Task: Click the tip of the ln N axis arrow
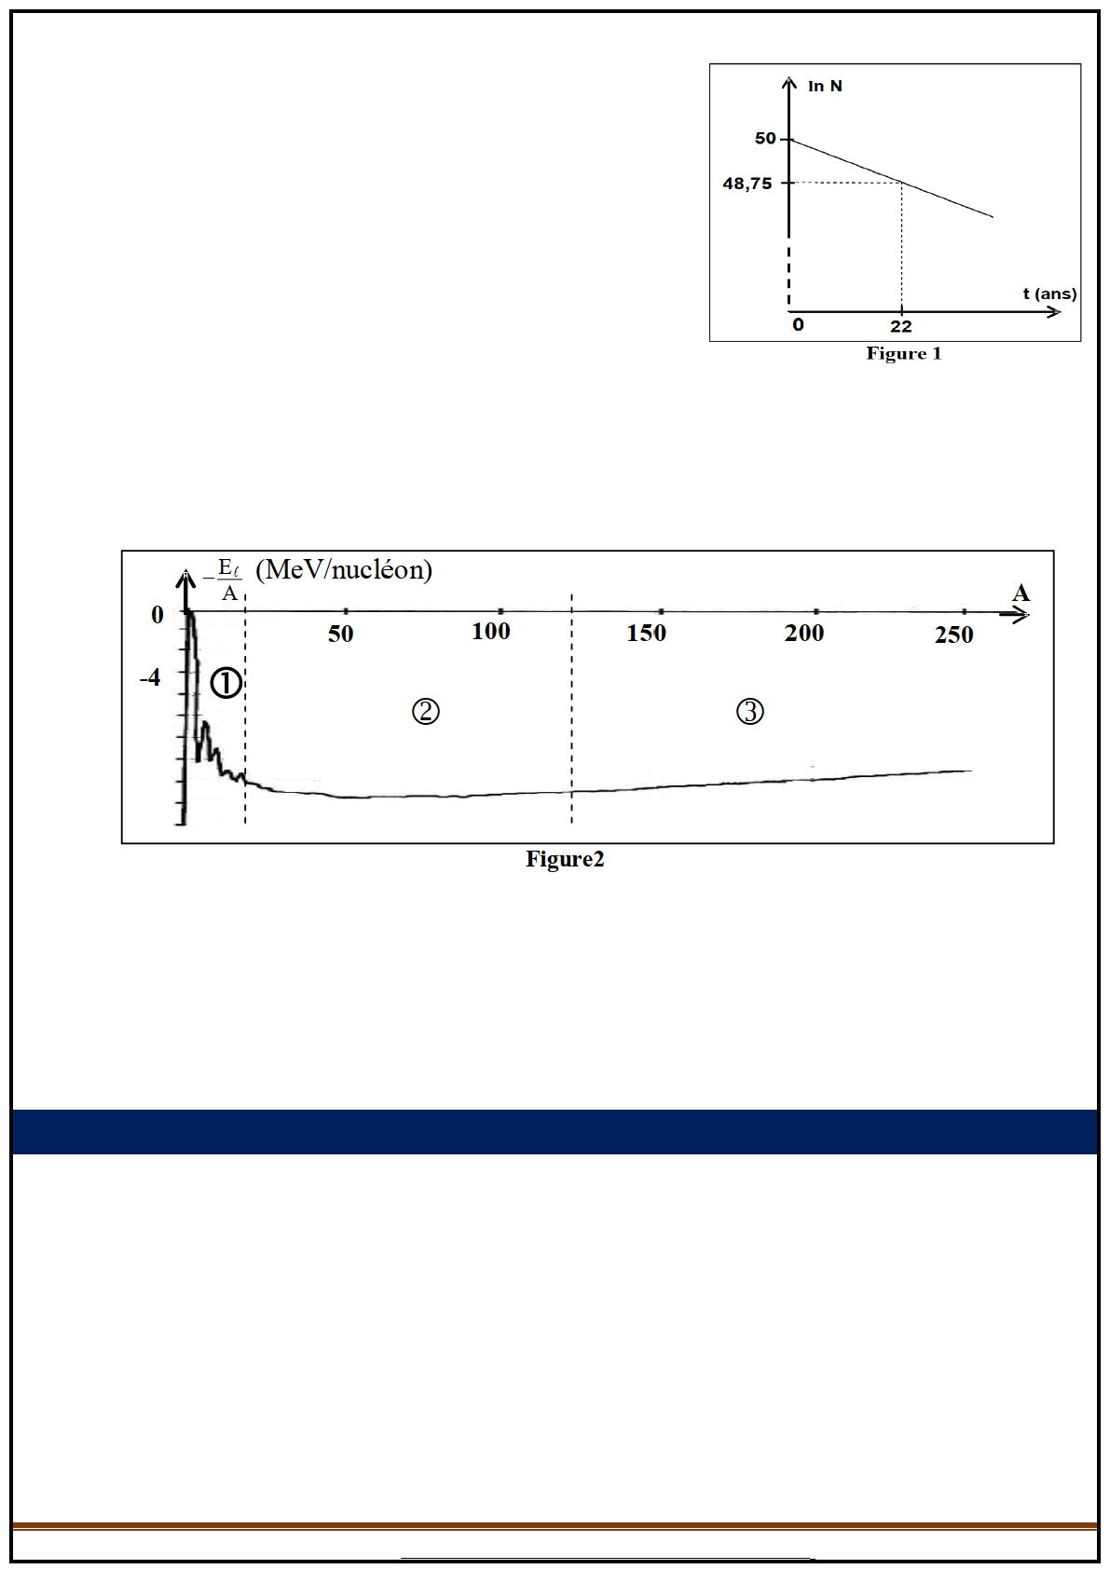[x=789, y=77]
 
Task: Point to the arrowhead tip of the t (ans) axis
[x=1060, y=312]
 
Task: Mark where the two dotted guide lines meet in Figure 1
[x=902, y=183]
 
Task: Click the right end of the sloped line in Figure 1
[x=993, y=217]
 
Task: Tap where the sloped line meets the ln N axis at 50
[x=789, y=140]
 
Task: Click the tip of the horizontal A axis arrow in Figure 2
[x=1029, y=615]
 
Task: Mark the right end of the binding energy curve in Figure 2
[x=971, y=771]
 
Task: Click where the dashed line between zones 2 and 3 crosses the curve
[x=572, y=792]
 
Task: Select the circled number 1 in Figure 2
[x=226, y=683]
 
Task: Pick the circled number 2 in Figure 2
[x=425, y=712]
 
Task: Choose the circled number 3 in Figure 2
[x=750, y=712]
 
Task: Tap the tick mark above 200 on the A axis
[x=816, y=611]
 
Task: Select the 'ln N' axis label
[x=825, y=86]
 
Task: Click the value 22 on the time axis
[x=901, y=326]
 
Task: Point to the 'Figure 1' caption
[x=903, y=353]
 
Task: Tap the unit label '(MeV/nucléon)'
[x=343, y=570]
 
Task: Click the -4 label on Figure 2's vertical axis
[x=150, y=677]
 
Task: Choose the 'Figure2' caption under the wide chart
[x=565, y=859]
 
